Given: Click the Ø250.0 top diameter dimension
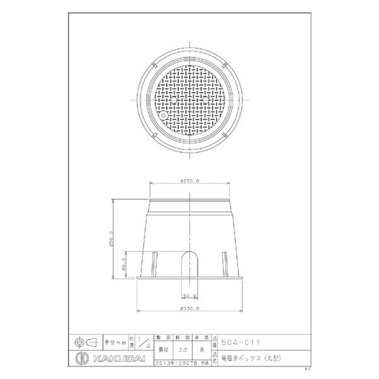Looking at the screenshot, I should coord(189,180).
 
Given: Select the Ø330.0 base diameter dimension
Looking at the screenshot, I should coord(189,308).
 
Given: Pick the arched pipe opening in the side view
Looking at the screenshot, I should coord(189,263).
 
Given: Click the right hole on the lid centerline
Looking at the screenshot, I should coord(205,101).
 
